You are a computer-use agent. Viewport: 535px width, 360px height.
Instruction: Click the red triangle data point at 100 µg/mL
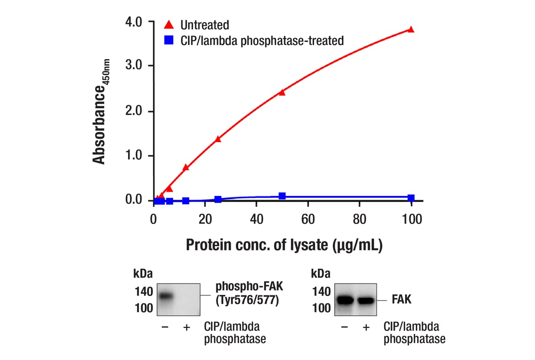click(x=411, y=30)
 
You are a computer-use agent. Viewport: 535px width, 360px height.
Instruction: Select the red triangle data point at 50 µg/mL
click(x=282, y=92)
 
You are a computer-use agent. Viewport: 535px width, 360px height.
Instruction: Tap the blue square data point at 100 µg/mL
click(x=411, y=198)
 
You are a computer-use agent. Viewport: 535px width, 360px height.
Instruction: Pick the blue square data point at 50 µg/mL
click(x=282, y=196)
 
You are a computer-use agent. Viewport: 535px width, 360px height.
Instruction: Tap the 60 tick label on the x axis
click(x=308, y=219)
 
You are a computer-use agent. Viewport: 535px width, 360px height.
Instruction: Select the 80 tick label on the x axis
click(x=359, y=219)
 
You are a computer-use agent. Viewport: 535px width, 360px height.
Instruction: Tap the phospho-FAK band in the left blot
click(x=166, y=296)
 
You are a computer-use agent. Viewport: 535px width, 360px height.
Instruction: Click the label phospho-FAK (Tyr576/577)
click(x=247, y=293)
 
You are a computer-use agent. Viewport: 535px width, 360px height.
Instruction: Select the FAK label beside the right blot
click(x=401, y=299)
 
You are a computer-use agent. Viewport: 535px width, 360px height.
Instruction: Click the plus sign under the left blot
click(x=186, y=327)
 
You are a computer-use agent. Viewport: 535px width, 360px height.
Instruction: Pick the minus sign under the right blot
click(x=345, y=327)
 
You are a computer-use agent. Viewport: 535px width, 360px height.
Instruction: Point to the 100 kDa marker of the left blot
click(x=143, y=308)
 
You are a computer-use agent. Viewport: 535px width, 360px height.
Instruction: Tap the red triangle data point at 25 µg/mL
click(x=218, y=139)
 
